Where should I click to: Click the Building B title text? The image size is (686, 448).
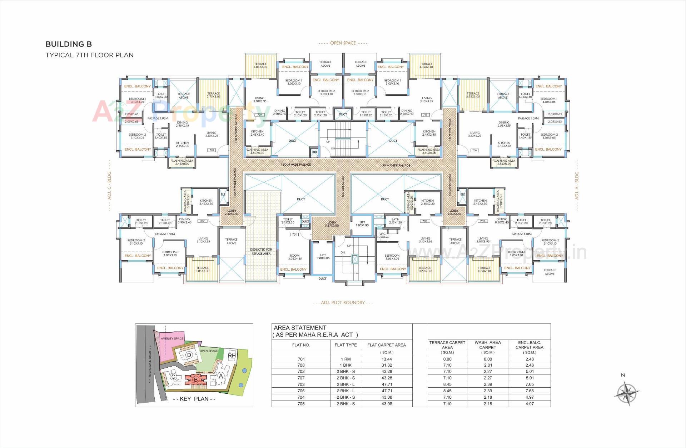click(69, 44)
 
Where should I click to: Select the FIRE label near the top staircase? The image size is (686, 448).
click(314, 152)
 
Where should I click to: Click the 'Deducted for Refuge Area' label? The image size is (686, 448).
click(261, 252)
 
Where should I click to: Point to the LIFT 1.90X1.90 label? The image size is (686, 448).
click(362, 224)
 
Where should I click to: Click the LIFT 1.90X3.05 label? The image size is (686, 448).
click(323, 257)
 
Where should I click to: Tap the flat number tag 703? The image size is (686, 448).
click(212, 150)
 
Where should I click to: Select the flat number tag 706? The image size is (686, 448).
click(474, 150)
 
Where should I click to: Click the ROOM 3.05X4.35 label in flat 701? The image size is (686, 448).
click(295, 257)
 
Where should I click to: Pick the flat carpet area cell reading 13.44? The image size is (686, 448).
click(387, 359)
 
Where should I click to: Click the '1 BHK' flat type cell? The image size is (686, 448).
click(346, 365)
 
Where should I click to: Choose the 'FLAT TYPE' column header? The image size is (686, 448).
click(346, 345)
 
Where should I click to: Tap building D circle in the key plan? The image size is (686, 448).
click(189, 355)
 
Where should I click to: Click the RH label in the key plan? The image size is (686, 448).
click(232, 355)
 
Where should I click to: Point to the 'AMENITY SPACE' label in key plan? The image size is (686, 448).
click(172, 338)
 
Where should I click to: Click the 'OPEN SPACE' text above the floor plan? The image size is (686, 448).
click(343, 43)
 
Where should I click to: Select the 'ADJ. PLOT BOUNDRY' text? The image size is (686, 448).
click(343, 303)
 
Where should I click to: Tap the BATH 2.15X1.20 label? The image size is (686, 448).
click(395, 221)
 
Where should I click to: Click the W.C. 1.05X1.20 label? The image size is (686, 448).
click(382, 235)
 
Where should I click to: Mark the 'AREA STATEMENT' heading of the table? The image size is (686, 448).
click(300, 328)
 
